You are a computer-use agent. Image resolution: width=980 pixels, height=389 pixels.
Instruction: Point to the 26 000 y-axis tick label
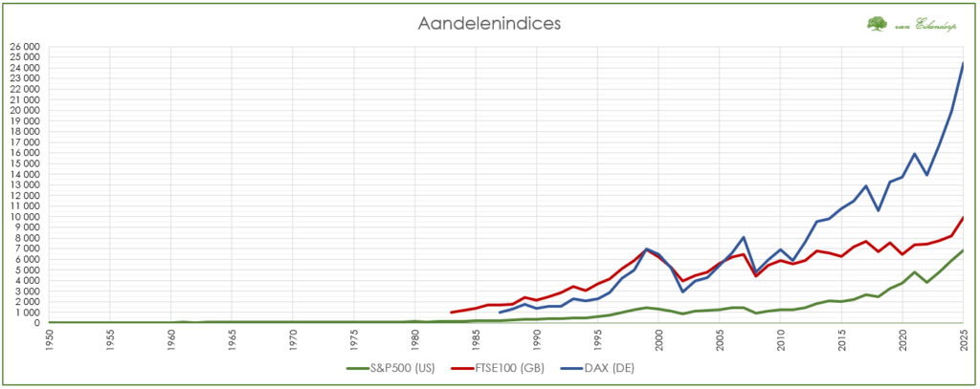pyautogui.click(x=23, y=46)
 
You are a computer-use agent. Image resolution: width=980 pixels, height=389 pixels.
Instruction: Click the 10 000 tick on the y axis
pyautogui.click(x=23, y=216)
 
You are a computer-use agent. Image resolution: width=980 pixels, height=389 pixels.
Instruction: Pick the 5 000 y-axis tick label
pyautogui.click(x=26, y=270)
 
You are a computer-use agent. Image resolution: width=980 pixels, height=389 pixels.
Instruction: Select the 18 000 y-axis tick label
pyautogui.click(x=23, y=131)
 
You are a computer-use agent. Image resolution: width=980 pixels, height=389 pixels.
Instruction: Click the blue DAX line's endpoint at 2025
pyautogui.click(x=962, y=63)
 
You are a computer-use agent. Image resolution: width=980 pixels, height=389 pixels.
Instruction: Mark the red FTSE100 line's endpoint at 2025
pyautogui.click(x=962, y=218)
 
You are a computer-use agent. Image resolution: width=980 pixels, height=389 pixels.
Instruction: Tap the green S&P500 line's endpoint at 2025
pyautogui.click(x=962, y=250)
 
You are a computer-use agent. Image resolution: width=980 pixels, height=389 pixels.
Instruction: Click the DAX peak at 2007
pyautogui.click(x=744, y=237)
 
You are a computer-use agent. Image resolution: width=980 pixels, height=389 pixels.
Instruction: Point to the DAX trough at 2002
pyautogui.click(x=682, y=292)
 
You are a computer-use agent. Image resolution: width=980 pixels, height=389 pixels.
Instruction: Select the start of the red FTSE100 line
pyautogui.click(x=451, y=313)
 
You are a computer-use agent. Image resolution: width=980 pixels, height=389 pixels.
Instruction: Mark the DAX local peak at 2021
pyautogui.click(x=914, y=154)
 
